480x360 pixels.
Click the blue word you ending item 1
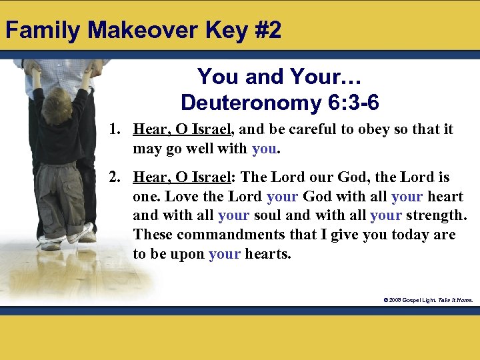[264, 148]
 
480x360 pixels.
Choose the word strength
[437, 216]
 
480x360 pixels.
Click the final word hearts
[268, 254]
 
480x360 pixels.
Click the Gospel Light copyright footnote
[427, 300]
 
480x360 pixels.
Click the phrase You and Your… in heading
[269, 77]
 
